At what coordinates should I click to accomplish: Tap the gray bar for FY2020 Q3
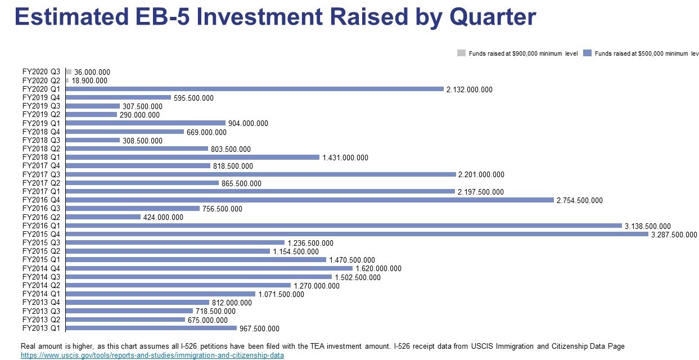click(69, 72)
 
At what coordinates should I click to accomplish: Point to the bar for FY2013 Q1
click(151, 328)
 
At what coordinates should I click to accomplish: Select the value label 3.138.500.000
click(647, 226)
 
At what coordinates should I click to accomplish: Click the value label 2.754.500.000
click(579, 200)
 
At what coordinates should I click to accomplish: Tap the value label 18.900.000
click(89, 81)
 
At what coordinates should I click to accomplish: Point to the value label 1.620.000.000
click(378, 269)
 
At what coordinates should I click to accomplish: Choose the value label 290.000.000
click(139, 115)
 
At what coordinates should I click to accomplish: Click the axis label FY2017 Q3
click(41, 174)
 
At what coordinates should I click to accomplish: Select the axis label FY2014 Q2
click(41, 285)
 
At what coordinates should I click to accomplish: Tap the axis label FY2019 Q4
click(41, 98)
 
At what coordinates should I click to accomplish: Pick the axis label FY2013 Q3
click(41, 311)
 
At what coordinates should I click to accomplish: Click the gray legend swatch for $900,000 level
click(461, 53)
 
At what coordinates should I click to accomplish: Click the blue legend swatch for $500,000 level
click(588, 53)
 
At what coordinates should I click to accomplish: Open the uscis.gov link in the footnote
click(152, 355)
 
